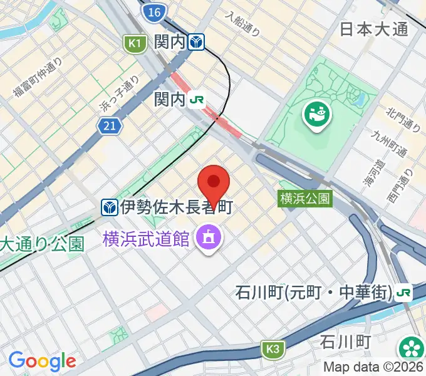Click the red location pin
[x=214, y=182]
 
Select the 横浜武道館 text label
[x=146, y=238]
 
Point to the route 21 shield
[x=109, y=127]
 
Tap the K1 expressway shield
[x=133, y=43]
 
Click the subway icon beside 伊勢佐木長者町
[x=110, y=206]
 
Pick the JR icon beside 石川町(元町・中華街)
[x=404, y=292]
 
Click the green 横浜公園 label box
[x=305, y=199]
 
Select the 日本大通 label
[x=374, y=29]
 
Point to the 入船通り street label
[x=243, y=25]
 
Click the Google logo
[x=42, y=361]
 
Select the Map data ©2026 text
[x=374, y=368]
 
